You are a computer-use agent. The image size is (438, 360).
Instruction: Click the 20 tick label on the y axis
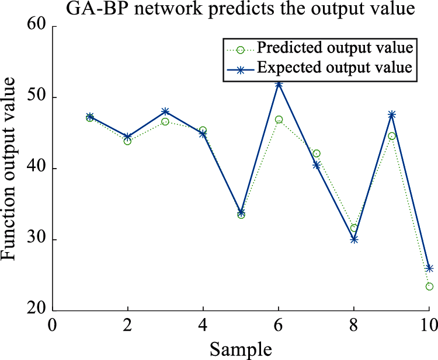(39, 311)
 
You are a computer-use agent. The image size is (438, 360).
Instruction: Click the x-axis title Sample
(241, 349)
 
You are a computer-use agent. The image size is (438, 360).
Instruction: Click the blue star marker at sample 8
(354, 239)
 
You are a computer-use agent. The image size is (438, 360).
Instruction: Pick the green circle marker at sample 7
(317, 153)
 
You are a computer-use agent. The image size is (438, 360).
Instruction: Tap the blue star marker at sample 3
(165, 111)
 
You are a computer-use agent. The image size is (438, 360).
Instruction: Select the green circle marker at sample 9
(392, 136)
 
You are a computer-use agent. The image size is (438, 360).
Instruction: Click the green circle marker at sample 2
(127, 141)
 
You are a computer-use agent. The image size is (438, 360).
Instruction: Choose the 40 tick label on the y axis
(39, 169)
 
